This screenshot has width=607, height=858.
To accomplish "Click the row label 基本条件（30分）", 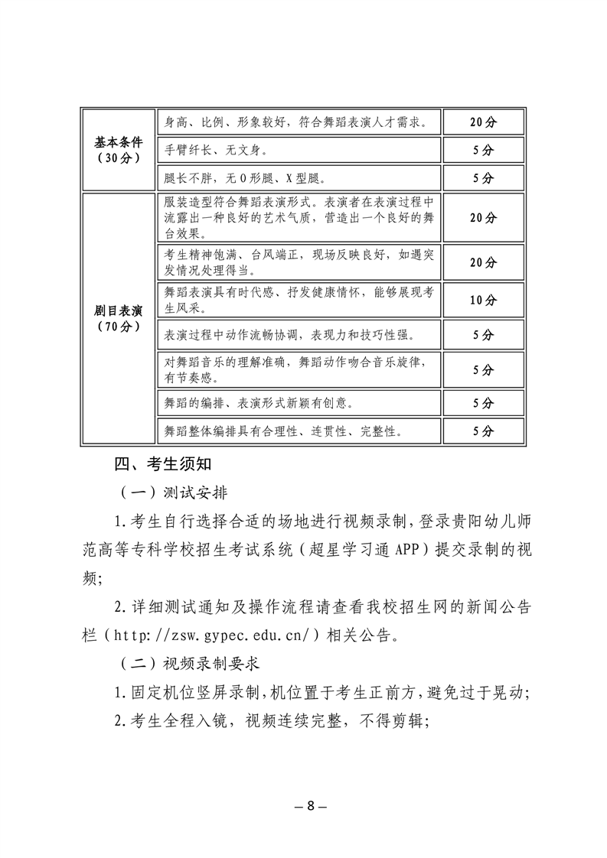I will [x=119, y=150].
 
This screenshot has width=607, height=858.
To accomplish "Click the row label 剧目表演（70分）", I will [x=119, y=318].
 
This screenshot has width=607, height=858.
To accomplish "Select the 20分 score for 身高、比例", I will [x=483, y=122].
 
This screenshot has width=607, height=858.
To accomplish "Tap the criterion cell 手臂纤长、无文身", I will [x=299, y=150].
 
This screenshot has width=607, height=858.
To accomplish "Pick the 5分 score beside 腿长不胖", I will [x=483, y=178].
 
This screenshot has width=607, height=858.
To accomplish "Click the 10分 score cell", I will [x=483, y=300].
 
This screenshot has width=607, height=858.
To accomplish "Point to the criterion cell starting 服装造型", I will [x=299, y=217].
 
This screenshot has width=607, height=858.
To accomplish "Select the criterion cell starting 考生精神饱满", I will [x=299, y=262].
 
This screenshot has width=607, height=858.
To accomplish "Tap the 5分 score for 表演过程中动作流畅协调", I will [x=483, y=335].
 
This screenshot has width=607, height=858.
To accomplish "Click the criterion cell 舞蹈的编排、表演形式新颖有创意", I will [x=299, y=401].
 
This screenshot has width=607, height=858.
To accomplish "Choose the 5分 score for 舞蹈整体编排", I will [x=483, y=431].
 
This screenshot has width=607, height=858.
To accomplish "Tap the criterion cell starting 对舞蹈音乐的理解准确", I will [x=299, y=369].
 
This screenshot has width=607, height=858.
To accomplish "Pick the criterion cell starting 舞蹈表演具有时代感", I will [x=299, y=300].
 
